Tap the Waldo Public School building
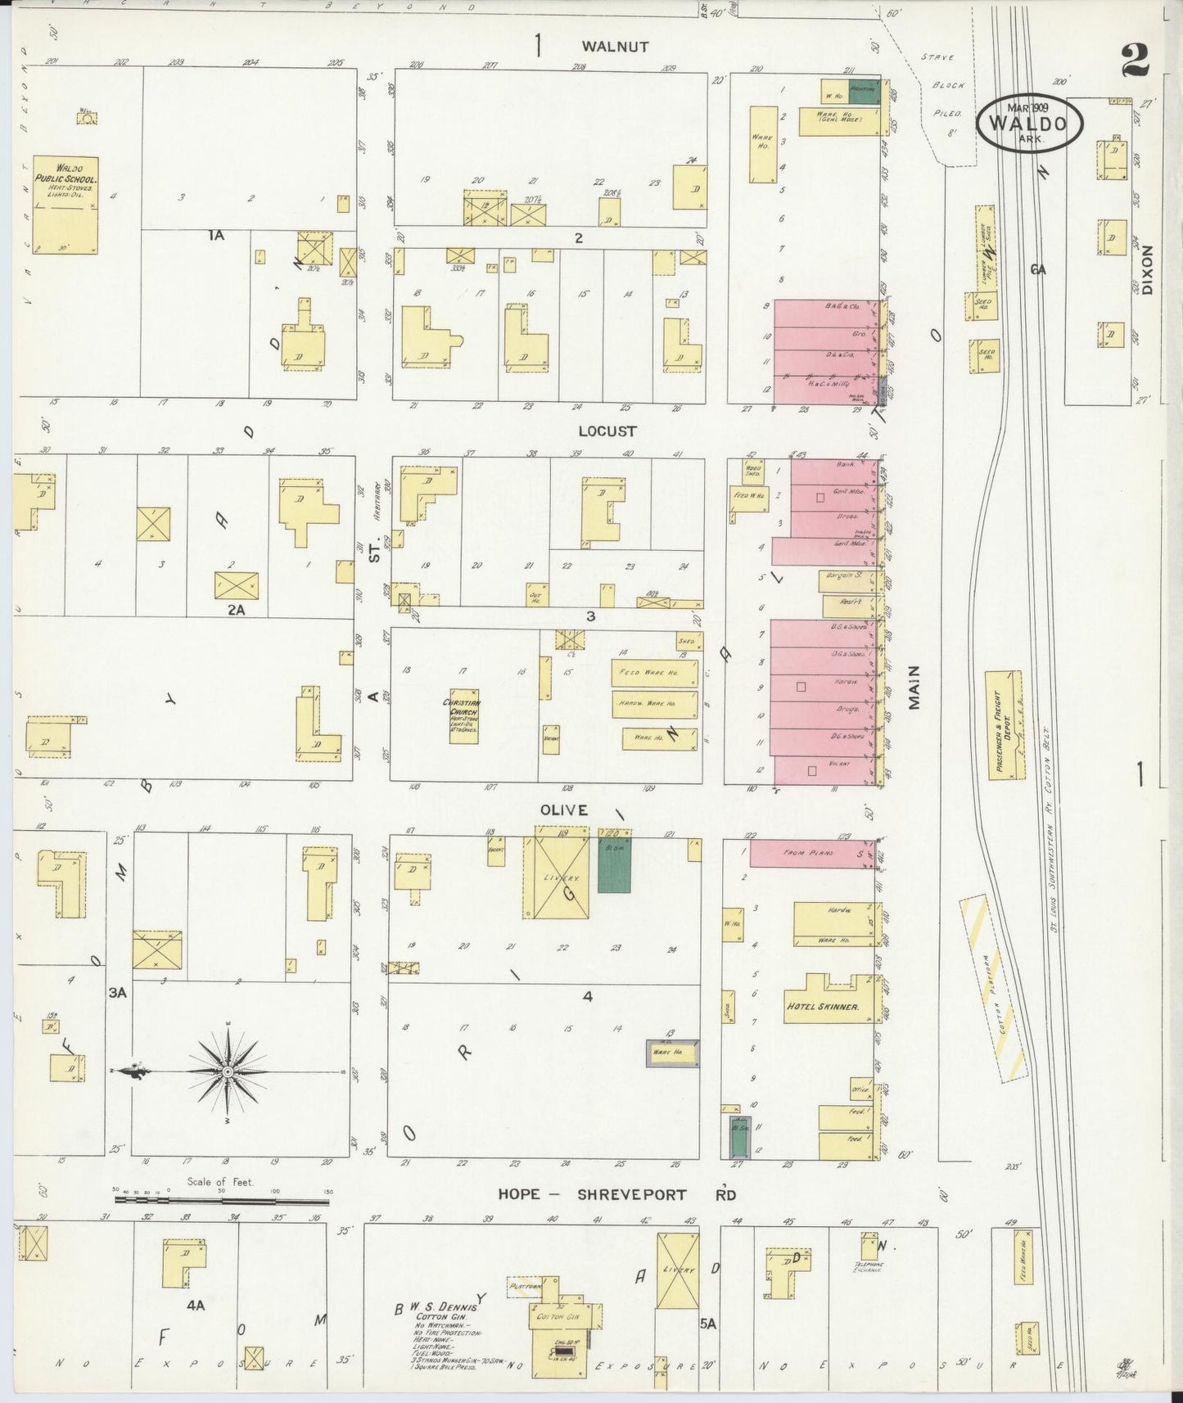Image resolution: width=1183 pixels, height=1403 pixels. click(x=65, y=204)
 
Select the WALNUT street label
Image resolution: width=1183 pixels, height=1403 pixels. click(x=616, y=47)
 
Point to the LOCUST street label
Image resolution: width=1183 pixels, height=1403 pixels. click(x=607, y=431)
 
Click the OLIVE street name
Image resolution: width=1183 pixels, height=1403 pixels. click(x=563, y=810)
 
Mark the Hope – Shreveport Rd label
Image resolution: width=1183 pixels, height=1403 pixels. click(x=616, y=1194)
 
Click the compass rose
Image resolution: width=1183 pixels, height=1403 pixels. click(x=227, y=1071)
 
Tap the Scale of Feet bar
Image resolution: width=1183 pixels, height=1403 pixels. click(x=222, y=1201)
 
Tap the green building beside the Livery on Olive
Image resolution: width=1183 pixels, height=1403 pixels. click(x=615, y=864)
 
